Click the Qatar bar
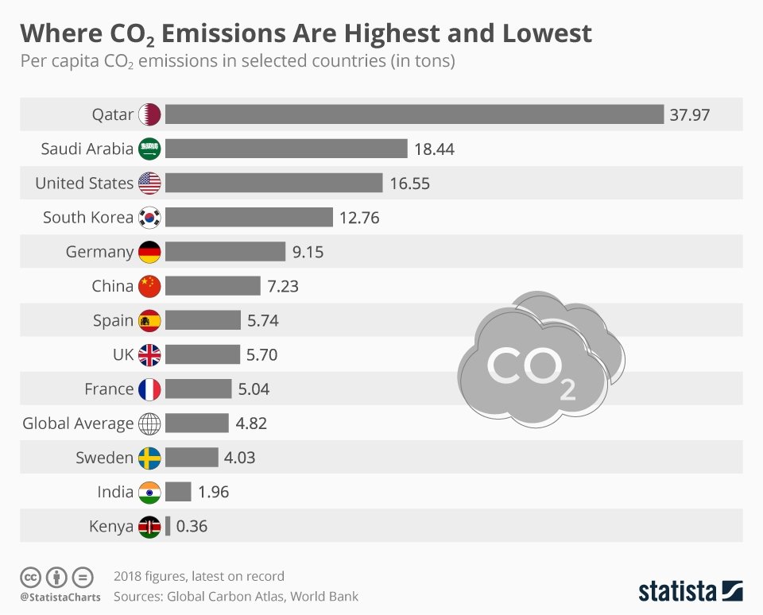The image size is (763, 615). (414, 114)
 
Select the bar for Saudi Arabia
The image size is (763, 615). (286, 149)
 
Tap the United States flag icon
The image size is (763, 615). (149, 184)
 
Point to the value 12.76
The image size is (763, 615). (359, 218)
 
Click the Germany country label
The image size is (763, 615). (99, 252)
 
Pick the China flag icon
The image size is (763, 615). (149, 286)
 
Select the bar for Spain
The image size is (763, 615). (203, 320)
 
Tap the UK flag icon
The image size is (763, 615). (149, 355)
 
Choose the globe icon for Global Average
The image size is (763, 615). (149, 424)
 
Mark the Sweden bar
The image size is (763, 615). (192, 458)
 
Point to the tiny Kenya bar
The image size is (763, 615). (168, 526)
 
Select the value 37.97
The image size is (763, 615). (689, 115)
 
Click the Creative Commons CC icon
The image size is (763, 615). (30, 577)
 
